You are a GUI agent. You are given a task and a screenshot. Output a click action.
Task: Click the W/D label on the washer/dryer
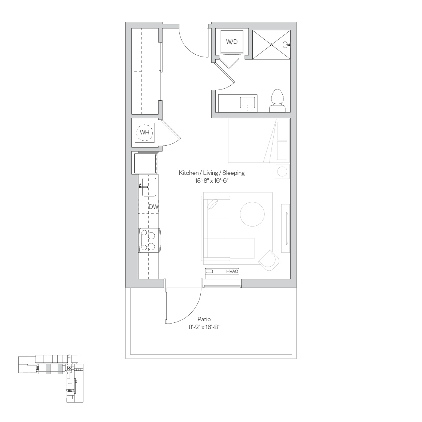[232, 42]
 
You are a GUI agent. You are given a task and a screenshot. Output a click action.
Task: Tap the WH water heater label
[145, 132]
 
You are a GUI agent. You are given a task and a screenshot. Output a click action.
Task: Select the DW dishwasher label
[154, 207]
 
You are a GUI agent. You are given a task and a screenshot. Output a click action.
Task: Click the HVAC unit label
[232, 271]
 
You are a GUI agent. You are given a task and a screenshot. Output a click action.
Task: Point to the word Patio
[204, 319]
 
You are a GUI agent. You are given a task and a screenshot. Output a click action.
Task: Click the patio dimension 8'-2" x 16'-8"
[204, 327]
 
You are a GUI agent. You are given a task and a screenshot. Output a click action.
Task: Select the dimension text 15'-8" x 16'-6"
[212, 180]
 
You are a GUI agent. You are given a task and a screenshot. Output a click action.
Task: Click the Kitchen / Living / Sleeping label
[212, 173]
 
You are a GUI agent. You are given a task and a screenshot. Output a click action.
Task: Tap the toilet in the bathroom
[278, 101]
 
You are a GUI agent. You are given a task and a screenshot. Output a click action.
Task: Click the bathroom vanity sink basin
[248, 104]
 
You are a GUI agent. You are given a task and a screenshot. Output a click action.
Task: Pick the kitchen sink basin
[149, 187]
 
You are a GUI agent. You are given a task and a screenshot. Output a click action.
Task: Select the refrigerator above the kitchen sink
[145, 163]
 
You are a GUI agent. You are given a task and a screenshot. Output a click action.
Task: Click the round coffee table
[252, 214]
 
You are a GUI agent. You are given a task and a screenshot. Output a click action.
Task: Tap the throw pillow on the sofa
[213, 204]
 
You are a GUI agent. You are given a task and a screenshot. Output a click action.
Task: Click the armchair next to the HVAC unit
[269, 260]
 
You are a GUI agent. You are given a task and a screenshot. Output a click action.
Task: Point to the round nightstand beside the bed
[282, 171]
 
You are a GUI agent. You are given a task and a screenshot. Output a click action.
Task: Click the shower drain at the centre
[271, 45]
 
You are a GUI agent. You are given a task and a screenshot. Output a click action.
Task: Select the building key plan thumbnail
[51, 379]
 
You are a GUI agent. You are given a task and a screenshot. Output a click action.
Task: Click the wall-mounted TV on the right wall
[287, 228]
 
